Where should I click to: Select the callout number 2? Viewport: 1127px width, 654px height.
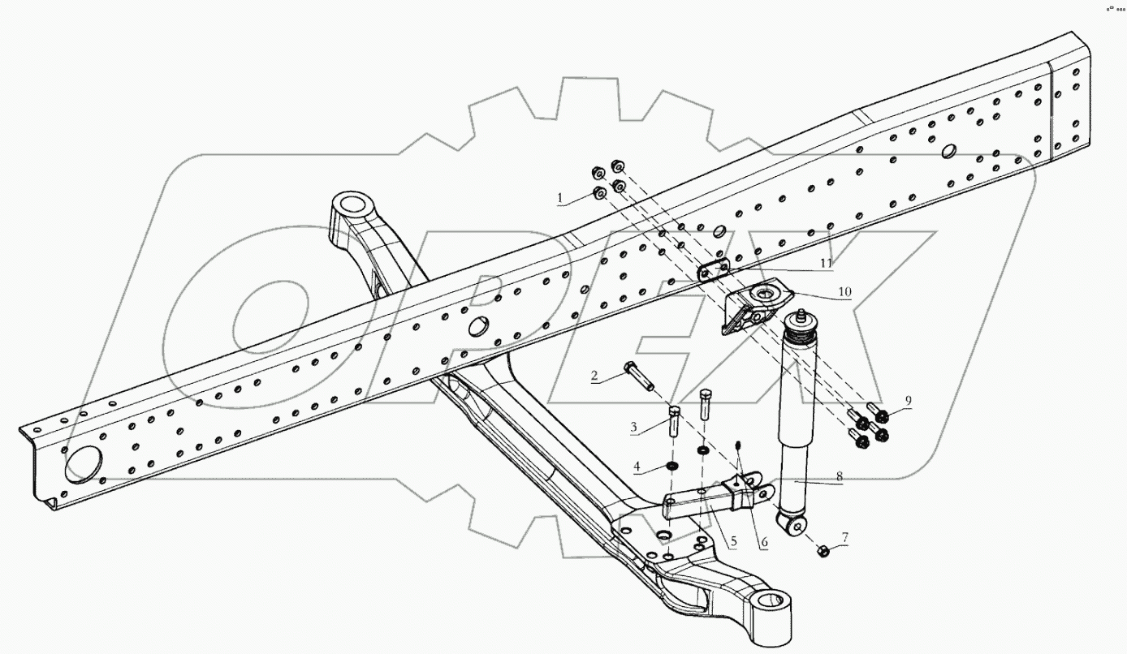[594, 376]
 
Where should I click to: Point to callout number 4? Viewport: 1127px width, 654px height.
[637, 467]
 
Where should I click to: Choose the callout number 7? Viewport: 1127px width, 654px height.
[845, 536]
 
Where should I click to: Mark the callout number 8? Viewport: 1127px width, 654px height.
[840, 478]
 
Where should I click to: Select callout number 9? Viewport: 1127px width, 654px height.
[909, 399]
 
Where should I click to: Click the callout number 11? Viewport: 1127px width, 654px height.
[827, 263]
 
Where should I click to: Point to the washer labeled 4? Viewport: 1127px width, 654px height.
[672, 467]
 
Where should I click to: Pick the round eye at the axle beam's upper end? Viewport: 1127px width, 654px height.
[352, 203]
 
